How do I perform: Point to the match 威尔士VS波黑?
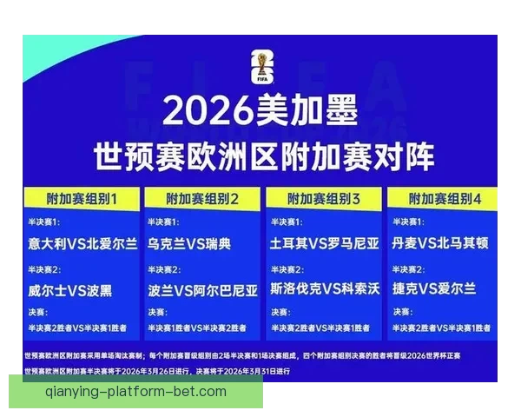[69, 289]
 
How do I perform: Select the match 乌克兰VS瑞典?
[189, 244]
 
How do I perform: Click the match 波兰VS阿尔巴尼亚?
[203, 289]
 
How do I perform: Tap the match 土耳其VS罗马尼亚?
[325, 244]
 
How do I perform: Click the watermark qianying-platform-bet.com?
[136, 392]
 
